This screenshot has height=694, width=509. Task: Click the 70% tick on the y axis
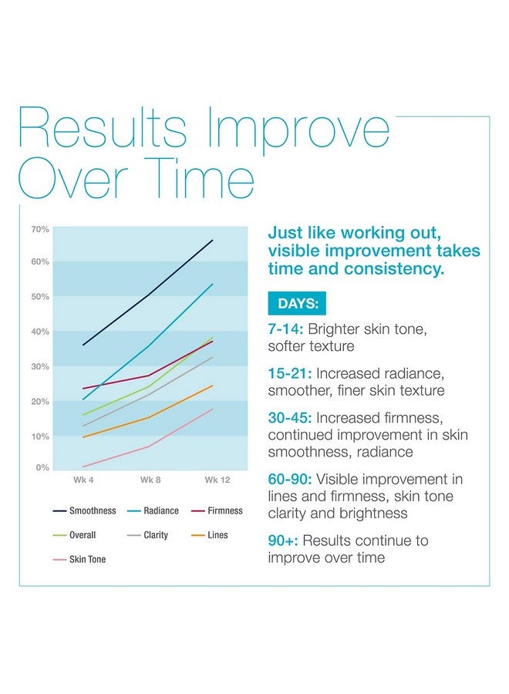pyautogui.click(x=40, y=230)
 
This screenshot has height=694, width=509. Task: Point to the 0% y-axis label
pyautogui.click(x=42, y=467)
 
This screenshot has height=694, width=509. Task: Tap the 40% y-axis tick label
pyautogui.click(x=40, y=332)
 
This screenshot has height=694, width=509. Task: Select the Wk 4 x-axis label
pyautogui.click(x=83, y=480)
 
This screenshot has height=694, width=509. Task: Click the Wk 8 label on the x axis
pyautogui.click(x=150, y=480)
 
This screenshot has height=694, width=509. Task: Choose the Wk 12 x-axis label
pyautogui.click(x=217, y=480)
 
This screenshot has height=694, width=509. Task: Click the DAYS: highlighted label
pyautogui.click(x=297, y=304)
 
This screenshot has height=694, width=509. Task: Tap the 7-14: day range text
pyautogui.click(x=285, y=329)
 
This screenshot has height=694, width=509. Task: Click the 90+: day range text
pyautogui.click(x=282, y=541)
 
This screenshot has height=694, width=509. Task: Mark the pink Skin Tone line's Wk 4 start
pyautogui.click(x=83, y=467)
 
